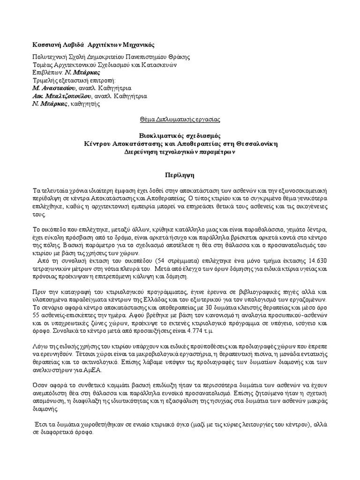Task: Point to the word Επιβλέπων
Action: click(x=45, y=73)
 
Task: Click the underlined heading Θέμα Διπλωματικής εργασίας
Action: click(x=180, y=120)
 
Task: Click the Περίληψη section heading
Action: click(x=180, y=173)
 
